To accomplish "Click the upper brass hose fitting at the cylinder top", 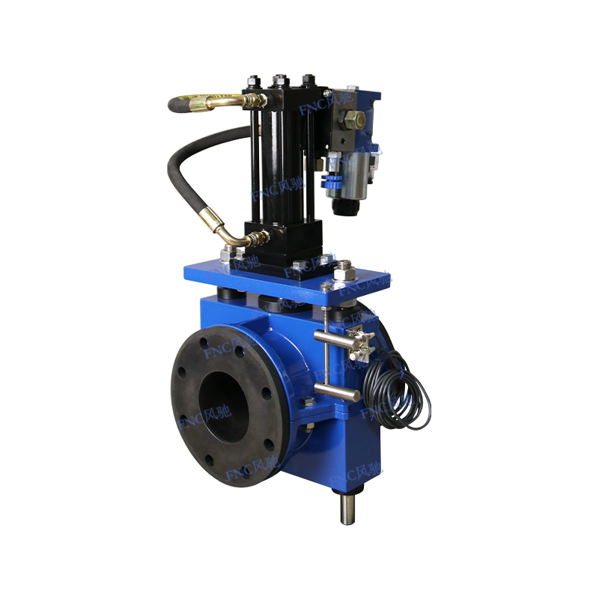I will click(251, 99).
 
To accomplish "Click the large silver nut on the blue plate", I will click(344, 267).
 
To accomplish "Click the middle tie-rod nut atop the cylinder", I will click(282, 79).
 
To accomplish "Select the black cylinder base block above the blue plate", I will click(283, 240).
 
